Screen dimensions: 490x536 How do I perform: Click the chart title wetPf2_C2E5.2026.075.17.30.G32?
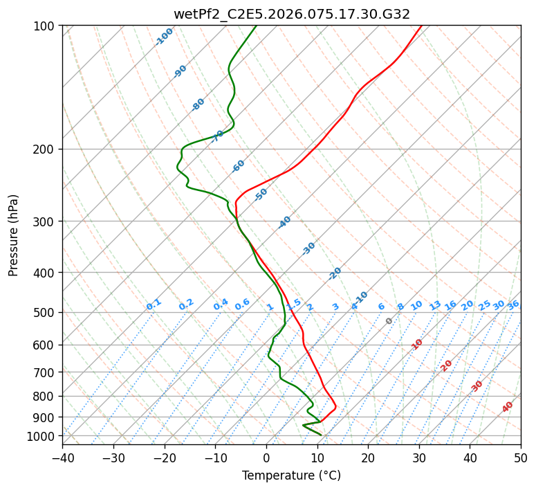291,13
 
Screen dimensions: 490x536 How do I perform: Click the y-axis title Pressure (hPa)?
14,235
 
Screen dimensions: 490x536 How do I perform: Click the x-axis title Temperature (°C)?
291,476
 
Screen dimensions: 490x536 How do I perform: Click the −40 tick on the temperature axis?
62,457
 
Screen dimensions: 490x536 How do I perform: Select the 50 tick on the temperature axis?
521,457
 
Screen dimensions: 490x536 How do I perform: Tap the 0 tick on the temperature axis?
266,457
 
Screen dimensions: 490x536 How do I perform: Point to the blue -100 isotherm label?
164,37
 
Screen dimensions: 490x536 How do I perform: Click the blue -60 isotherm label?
239,166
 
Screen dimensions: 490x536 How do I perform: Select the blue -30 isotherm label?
308,248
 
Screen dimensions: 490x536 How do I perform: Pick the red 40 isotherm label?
508,407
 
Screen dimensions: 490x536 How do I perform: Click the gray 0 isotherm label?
389,321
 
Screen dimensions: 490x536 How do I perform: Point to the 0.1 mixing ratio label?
154,305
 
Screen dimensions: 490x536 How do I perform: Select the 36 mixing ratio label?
513,305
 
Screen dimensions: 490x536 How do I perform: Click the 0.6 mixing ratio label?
242,305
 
